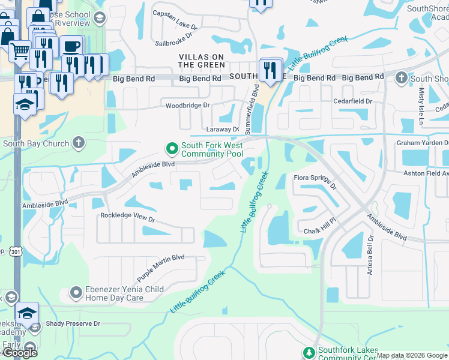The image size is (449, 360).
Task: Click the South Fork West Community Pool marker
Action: coord(172,147)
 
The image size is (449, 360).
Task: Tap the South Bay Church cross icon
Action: coord(78,143)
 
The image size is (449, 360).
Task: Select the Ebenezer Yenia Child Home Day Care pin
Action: coord(76,293)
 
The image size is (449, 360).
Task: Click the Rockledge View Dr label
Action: coord(128,218)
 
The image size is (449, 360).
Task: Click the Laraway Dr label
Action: coord(223,129)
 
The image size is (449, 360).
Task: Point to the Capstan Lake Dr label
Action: coord(175,20)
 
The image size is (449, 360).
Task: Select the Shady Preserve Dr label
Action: coord(73,323)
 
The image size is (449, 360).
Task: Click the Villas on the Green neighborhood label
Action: coord(201,61)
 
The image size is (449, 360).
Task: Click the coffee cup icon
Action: coord(72,46)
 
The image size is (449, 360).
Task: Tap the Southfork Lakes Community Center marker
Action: coord(309,352)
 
